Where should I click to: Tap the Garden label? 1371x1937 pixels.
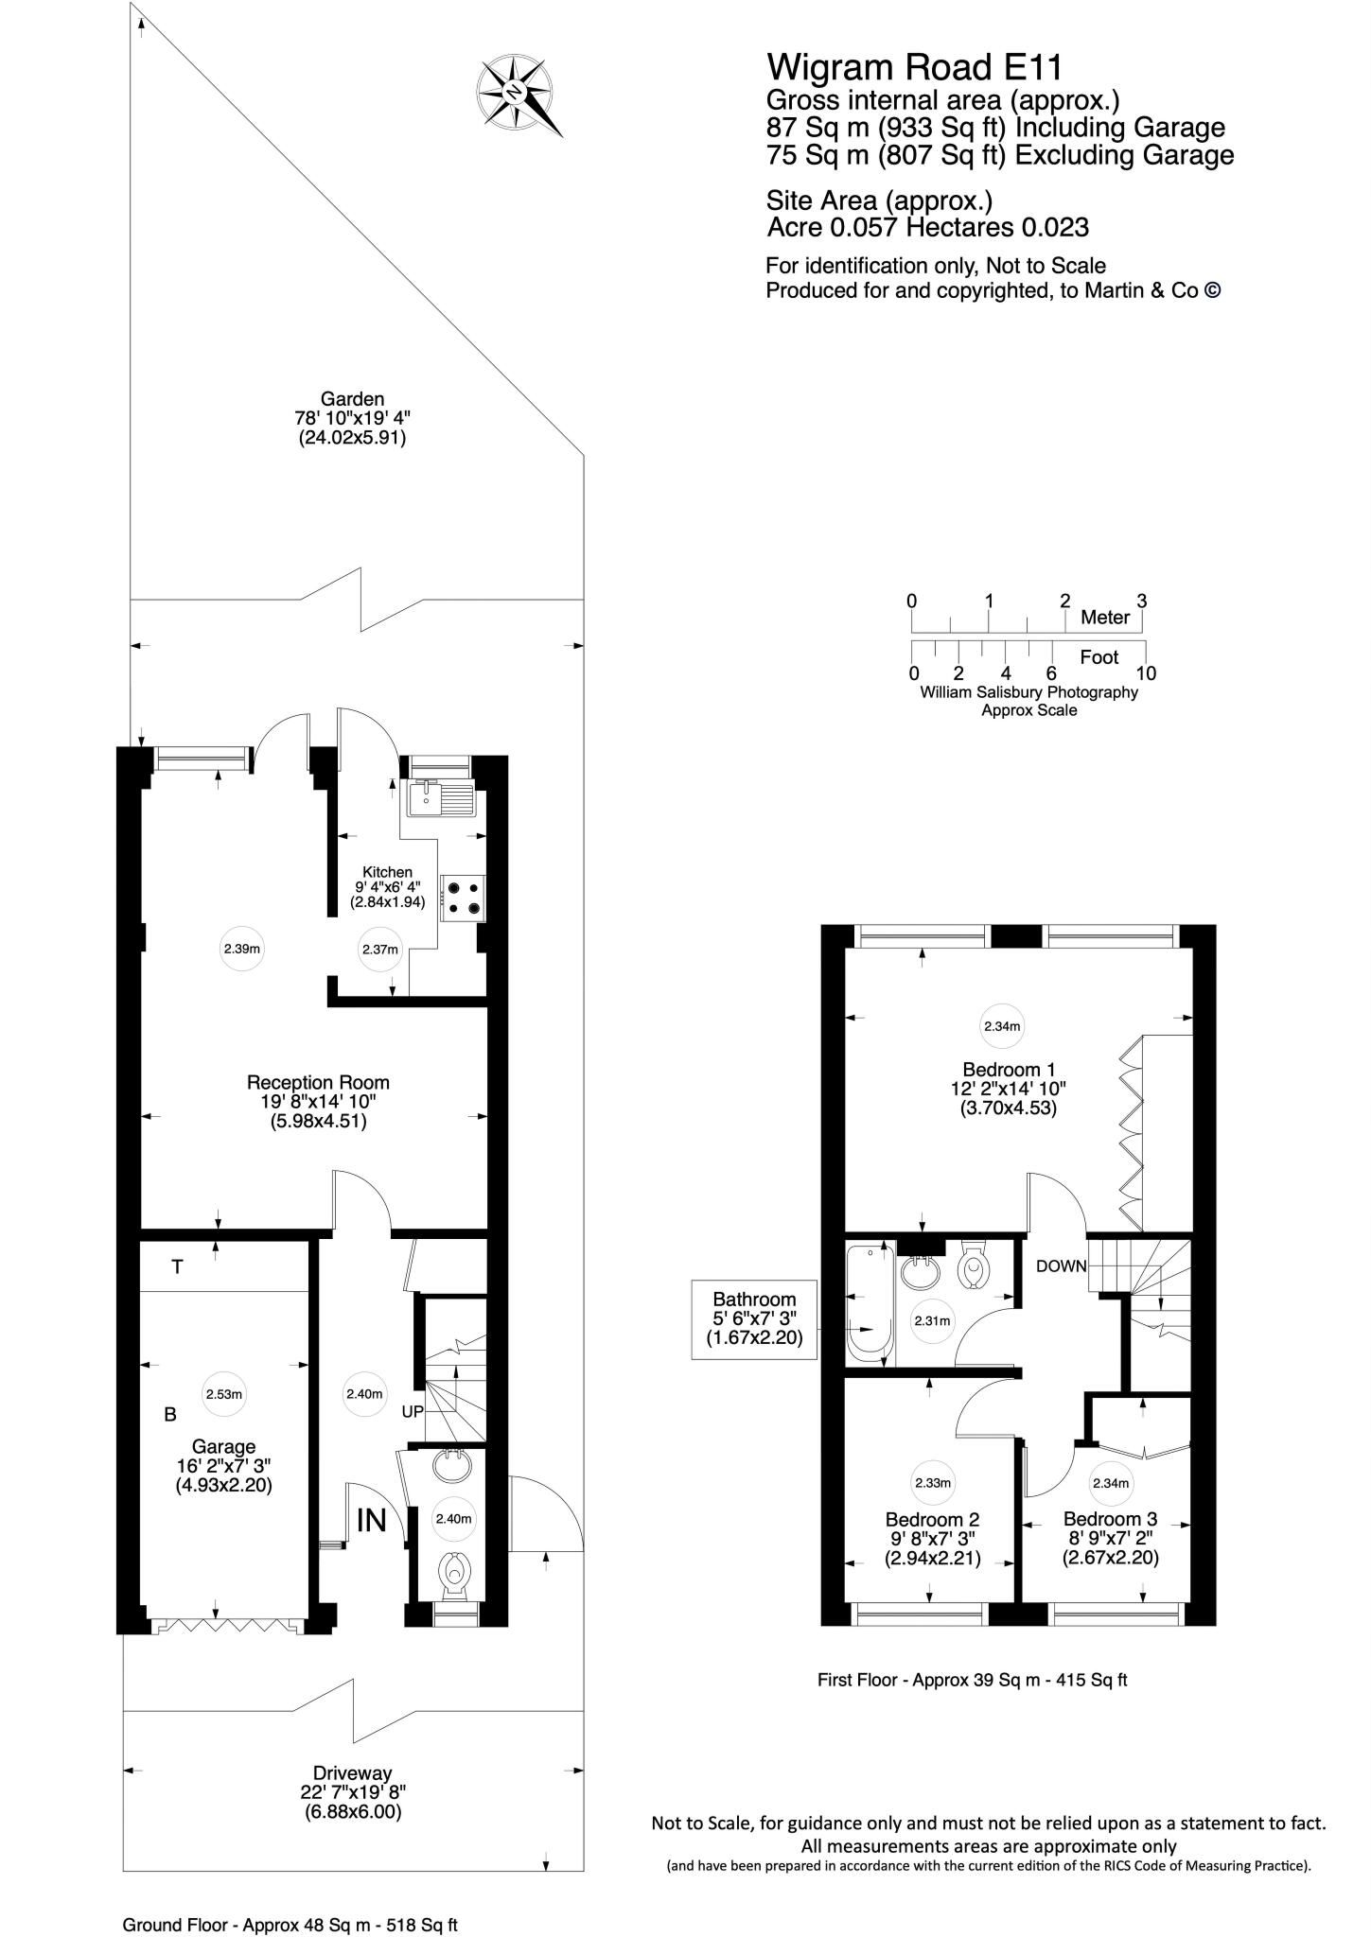point(352,399)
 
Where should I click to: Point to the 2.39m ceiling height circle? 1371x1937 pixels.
point(242,949)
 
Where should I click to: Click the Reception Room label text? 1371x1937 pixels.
point(318,1082)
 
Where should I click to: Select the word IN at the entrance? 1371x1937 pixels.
point(372,1519)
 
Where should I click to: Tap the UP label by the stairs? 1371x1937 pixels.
point(413,1411)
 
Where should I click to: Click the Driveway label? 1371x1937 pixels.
point(353,1772)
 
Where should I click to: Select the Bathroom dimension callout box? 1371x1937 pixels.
point(754,1318)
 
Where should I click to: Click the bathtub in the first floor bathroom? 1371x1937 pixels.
point(867,1305)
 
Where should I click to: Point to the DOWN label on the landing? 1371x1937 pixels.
point(1061,1265)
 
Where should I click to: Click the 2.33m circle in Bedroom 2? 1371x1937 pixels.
point(933,1483)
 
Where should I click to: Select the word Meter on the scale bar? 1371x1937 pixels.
point(1105,618)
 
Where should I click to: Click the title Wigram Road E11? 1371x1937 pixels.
point(914,67)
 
